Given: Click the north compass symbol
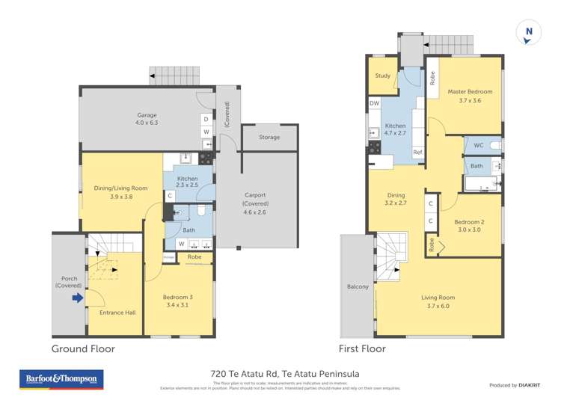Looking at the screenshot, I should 529,31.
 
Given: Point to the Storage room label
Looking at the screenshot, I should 269,138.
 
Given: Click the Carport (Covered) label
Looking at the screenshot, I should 255,200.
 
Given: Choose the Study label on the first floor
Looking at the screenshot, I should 382,76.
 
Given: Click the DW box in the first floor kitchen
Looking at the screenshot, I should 374,103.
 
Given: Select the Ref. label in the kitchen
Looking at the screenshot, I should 417,153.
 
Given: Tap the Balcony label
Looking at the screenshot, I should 358,287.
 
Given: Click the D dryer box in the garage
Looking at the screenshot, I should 206,119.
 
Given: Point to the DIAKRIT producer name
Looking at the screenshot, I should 531,385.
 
